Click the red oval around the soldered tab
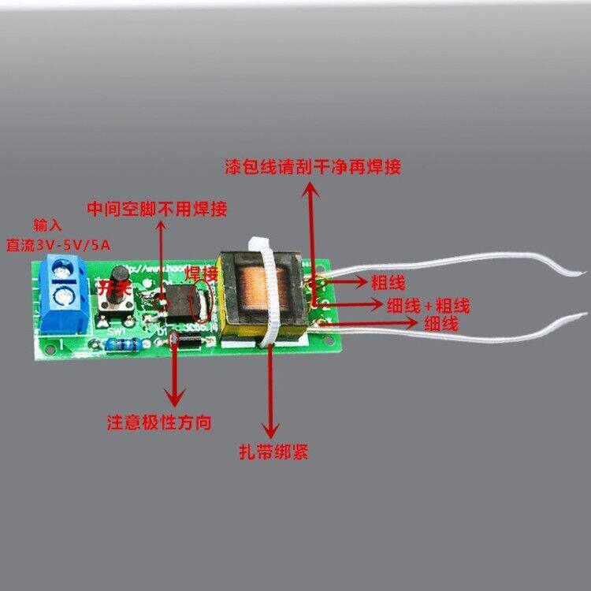(x=202, y=303)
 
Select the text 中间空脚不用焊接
(x=158, y=209)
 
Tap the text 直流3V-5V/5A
(x=60, y=244)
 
